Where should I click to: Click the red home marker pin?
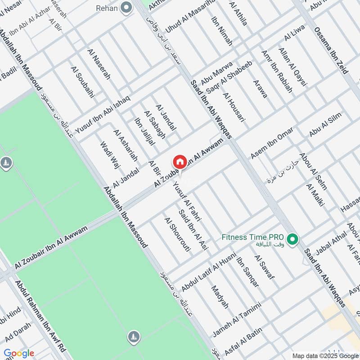click(180, 162)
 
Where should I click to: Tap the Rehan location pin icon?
click(127, 8)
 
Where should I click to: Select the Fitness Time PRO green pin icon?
click(293, 239)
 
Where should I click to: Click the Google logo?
click(19, 353)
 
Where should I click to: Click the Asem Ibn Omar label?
click(271, 143)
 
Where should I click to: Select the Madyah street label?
click(220, 297)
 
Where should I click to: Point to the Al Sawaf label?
click(264, 267)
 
